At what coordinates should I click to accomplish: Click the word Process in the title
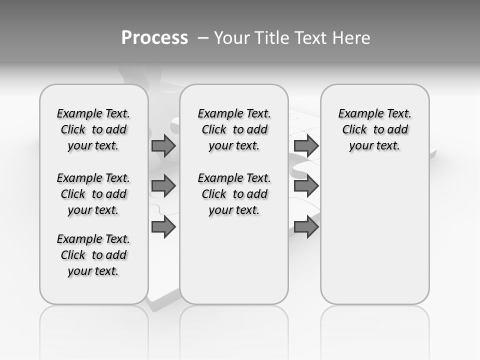click(x=154, y=38)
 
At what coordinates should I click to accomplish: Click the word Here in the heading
click(x=352, y=38)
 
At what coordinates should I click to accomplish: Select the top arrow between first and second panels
click(x=163, y=145)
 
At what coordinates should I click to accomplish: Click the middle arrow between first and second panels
click(x=163, y=186)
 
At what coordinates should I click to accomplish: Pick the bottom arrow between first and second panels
click(x=163, y=227)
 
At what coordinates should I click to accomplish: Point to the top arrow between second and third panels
click(x=306, y=145)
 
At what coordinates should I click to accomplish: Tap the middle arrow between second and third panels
click(x=306, y=186)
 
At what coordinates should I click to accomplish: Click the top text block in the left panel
click(x=93, y=129)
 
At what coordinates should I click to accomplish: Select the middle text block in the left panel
click(x=93, y=194)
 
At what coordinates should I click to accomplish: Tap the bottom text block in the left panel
click(x=93, y=255)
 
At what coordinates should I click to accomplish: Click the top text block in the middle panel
click(x=234, y=129)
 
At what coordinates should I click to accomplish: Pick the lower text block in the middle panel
click(x=234, y=194)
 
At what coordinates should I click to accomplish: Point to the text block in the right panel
click(x=375, y=129)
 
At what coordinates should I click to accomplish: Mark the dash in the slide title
click(x=203, y=38)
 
